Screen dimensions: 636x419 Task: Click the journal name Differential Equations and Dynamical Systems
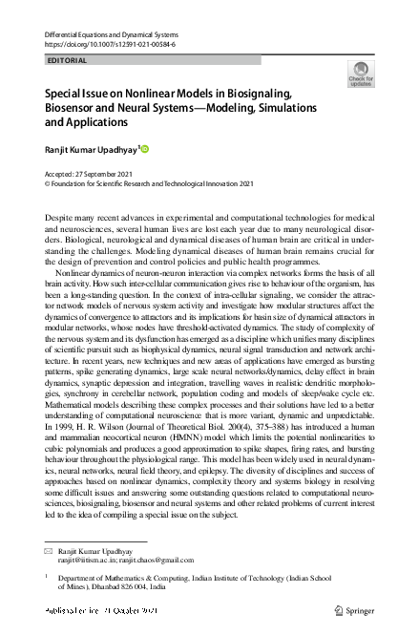114,33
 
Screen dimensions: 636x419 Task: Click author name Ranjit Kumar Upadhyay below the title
92,149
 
